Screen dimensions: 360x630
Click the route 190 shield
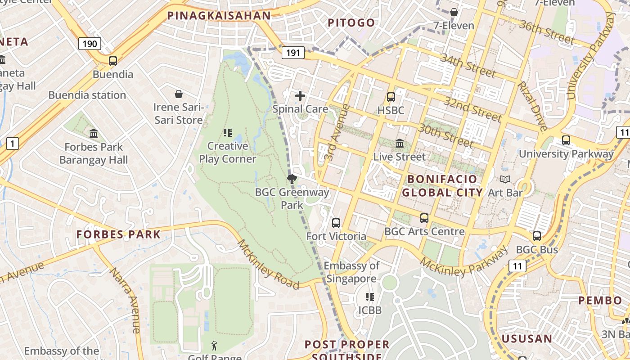[90, 44]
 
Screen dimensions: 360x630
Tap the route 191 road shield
[293, 53]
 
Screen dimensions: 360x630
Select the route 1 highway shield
[13, 144]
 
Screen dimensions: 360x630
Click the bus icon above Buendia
[112, 61]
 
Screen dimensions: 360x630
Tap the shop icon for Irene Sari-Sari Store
[179, 94]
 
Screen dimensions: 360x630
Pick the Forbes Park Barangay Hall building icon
[94, 133]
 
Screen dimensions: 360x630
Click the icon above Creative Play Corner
[228, 132]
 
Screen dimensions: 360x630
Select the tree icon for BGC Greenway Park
[292, 179]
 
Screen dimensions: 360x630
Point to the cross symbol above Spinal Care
[300, 95]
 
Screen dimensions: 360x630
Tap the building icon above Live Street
[400, 144]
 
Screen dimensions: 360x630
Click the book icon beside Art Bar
[506, 180]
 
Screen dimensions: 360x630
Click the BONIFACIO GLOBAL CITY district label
[442, 186]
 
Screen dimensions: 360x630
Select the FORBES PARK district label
[118, 234]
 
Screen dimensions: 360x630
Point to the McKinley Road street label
[268, 265]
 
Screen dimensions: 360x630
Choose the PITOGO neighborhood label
[351, 22]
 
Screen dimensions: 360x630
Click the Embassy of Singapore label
[351, 272]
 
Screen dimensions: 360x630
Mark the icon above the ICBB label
[370, 297]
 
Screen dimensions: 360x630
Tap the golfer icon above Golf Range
[214, 346]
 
